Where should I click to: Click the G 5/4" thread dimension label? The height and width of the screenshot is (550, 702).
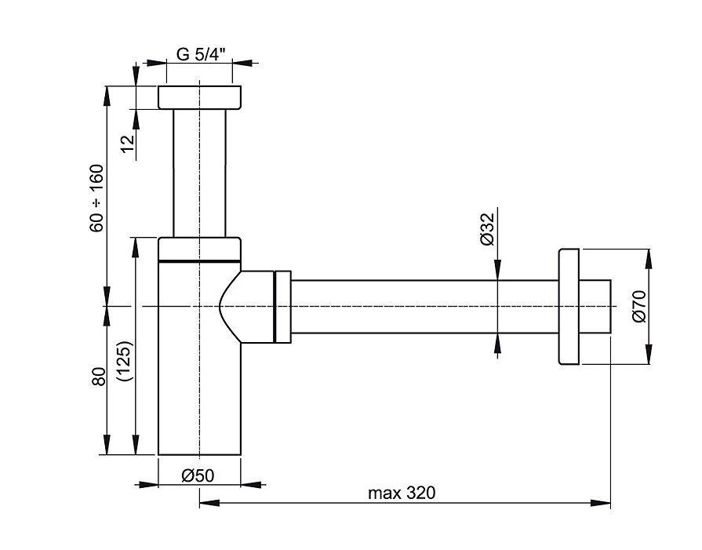tap(201, 54)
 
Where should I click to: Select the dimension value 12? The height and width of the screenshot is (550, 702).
tap(129, 144)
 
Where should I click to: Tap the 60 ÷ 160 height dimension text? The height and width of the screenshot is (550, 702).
tap(96, 198)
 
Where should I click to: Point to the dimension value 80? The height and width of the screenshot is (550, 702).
tap(100, 377)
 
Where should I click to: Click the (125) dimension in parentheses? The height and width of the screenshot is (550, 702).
tap(124, 361)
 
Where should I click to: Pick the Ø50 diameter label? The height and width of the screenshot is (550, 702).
tap(198, 475)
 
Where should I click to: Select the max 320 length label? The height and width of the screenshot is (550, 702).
tap(402, 494)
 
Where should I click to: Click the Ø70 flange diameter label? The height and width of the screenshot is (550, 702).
tap(640, 306)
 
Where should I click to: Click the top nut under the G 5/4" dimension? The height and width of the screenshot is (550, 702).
tap(200, 97)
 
